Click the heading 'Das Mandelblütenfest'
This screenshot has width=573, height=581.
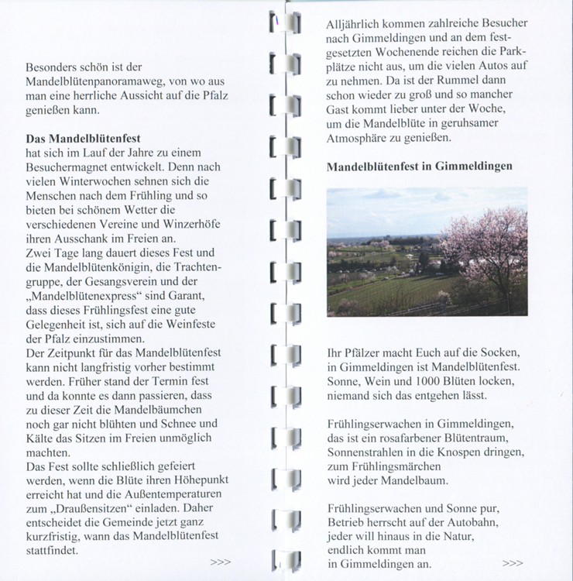tap(77, 138)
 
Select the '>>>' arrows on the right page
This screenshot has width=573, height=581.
tap(513, 563)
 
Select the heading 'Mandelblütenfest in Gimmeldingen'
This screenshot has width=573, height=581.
tap(419, 167)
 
